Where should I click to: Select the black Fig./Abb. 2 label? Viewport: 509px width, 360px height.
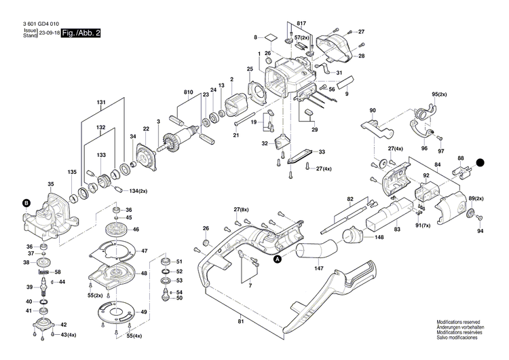80,33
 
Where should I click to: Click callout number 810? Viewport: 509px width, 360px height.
188,92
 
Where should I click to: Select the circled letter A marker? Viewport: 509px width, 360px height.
277,258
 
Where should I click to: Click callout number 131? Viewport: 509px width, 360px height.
101,103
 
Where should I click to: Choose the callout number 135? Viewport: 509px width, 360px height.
71,172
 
